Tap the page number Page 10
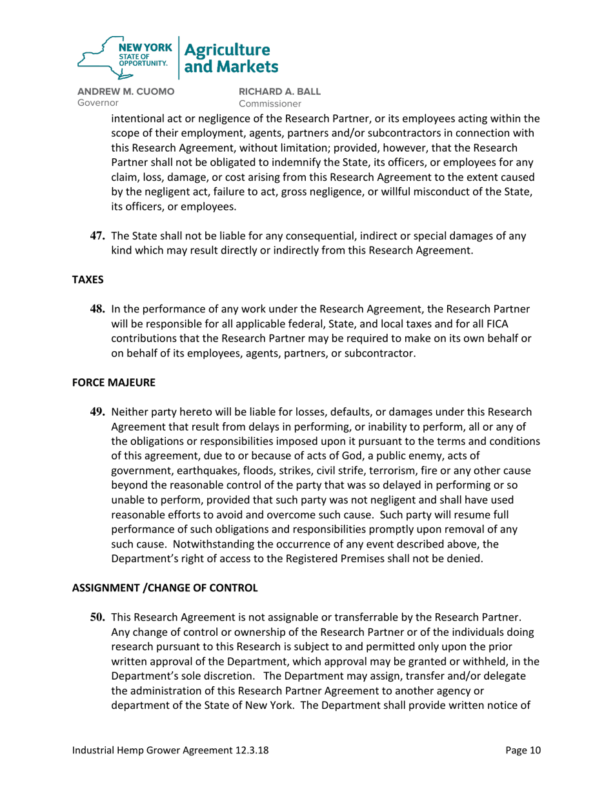coord(523,751)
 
